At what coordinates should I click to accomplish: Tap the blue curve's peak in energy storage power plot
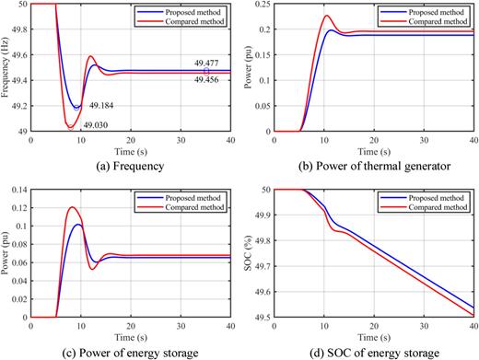(79, 224)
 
